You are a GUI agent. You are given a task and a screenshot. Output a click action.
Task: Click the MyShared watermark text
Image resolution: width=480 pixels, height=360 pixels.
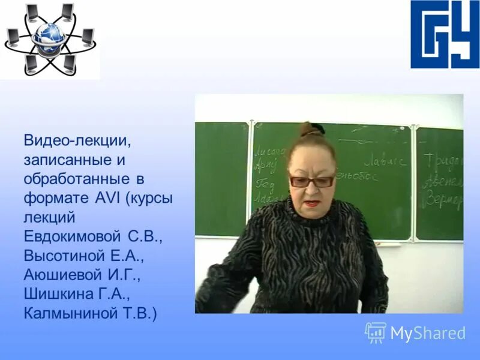click(x=428, y=333)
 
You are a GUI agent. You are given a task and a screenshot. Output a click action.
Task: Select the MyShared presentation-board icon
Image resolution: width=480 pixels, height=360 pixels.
click(x=376, y=332)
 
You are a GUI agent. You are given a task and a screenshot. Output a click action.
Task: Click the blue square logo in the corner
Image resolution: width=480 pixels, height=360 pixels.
click(x=445, y=34)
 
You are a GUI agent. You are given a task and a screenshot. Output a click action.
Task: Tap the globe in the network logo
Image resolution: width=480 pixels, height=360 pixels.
click(x=49, y=37)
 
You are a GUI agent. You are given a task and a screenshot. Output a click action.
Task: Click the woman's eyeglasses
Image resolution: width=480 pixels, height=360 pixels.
click(x=312, y=180)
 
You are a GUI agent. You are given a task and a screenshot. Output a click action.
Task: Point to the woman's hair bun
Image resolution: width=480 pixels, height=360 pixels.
click(x=311, y=128)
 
